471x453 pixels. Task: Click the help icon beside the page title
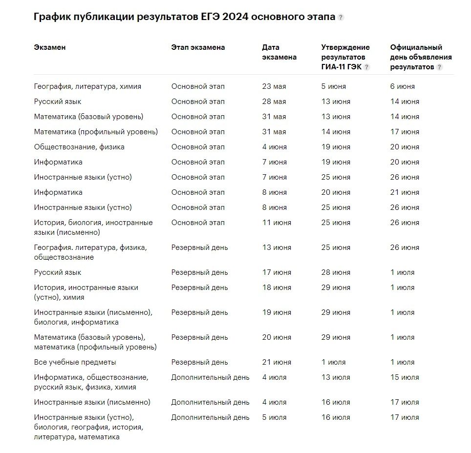(341, 18)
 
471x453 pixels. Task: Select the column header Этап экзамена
(198, 47)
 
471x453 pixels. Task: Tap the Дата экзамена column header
(279, 52)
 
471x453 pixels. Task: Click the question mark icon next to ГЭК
(367, 67)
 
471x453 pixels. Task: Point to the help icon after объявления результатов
(439, 67)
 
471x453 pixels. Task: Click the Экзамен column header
(50, 47)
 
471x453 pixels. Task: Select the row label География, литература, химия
(87, 86)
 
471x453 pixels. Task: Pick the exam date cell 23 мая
(274, 86)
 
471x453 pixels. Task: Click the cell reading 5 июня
(334, 86)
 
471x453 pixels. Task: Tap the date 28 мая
(274, 102)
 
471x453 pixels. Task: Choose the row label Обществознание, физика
(79, 147)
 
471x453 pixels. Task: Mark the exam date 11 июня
(277, 223)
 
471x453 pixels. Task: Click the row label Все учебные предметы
(75, 362)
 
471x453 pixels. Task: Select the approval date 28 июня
(336, 272)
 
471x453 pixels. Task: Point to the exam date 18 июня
(277, 288)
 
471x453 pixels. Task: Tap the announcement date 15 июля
(405, 377)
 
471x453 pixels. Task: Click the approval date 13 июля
(336, 377)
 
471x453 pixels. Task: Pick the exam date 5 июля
(274, 417)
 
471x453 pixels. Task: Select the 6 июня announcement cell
(403, 86)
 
